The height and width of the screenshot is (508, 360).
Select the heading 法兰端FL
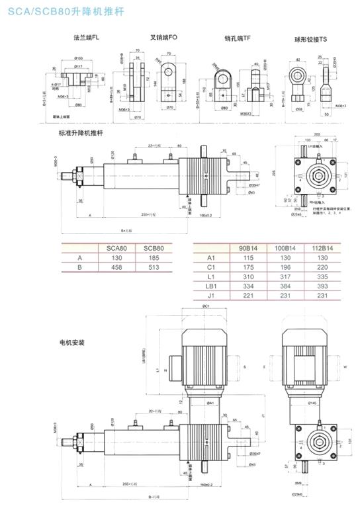[87, 39]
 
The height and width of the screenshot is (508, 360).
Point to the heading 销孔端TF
[238, 39]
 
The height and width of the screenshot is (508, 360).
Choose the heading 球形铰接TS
[310, 39]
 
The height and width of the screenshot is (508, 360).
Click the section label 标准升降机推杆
[81, 133]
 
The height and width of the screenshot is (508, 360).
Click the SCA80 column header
[116, 248]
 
